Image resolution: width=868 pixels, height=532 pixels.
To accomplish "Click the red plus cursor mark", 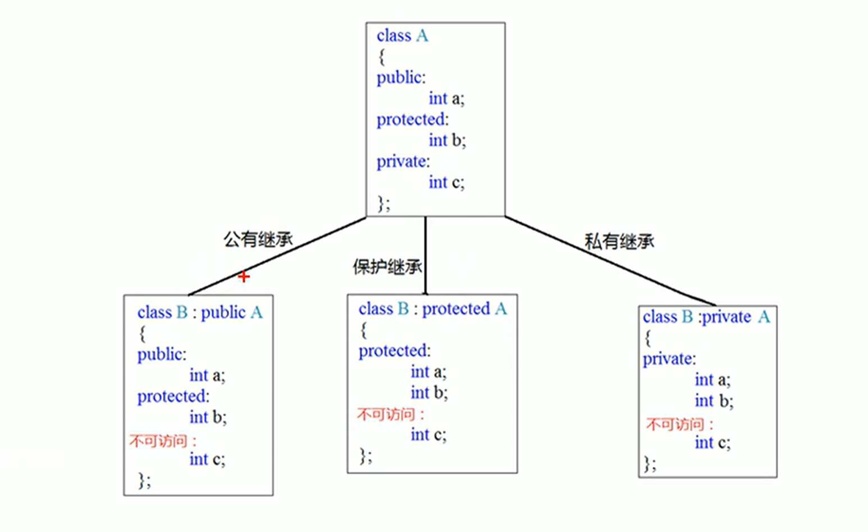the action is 243,277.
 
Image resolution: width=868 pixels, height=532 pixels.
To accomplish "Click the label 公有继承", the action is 258,239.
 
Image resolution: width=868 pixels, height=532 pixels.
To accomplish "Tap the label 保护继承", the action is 387,267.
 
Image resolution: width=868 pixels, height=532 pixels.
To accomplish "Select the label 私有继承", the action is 619,242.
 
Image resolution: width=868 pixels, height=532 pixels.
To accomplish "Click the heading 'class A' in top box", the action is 402,36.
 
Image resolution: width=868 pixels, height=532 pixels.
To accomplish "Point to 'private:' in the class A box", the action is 403,162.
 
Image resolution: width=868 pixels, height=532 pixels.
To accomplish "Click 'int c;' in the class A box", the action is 446,183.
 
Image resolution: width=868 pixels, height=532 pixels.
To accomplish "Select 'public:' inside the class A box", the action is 401,78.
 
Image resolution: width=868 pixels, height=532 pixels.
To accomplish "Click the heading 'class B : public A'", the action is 200,312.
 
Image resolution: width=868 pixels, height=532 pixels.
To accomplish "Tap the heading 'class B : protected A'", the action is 432,309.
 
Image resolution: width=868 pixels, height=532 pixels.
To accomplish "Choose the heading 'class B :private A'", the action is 706,317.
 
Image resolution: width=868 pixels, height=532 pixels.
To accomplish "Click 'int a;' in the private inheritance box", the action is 712,380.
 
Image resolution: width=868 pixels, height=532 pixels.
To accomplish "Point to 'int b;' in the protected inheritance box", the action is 429,393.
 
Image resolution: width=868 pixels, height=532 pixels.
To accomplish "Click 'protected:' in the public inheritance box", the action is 173,397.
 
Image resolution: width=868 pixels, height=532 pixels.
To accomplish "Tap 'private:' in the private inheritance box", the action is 669,359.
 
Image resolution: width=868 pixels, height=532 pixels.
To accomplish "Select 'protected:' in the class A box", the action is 412,120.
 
